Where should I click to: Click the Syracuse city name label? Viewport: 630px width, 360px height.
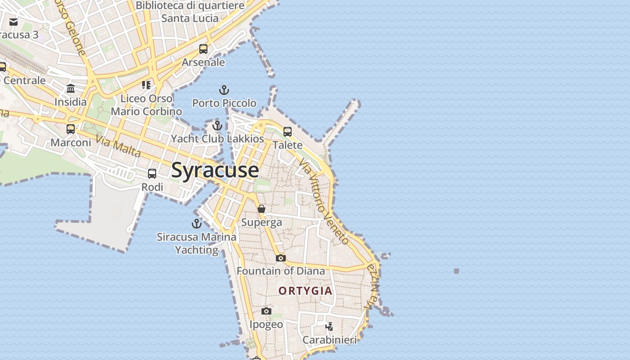215,170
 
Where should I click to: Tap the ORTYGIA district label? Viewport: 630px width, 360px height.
305,291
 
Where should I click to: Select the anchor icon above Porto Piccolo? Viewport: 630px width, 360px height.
224,90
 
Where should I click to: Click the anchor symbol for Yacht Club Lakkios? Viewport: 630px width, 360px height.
217,126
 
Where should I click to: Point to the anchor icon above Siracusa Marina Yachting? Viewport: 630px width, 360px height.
197,223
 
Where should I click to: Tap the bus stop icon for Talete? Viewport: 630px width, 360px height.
288,132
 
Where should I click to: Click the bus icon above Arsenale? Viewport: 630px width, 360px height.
203,49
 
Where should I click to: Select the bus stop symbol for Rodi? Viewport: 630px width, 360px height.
152,174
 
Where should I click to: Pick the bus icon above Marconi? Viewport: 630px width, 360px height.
71,129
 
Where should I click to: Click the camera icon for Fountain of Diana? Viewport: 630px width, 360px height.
281,258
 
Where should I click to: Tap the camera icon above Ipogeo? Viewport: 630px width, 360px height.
266,311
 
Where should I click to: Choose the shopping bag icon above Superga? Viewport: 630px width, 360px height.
261,209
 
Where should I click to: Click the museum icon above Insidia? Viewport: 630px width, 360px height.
71,89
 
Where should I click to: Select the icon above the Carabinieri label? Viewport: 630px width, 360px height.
329,326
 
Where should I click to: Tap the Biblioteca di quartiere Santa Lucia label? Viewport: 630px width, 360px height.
189,12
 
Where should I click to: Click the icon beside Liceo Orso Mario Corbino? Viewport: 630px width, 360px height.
146,85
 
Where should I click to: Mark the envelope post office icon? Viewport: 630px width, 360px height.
13,22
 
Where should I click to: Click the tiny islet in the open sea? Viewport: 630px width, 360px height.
456,271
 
